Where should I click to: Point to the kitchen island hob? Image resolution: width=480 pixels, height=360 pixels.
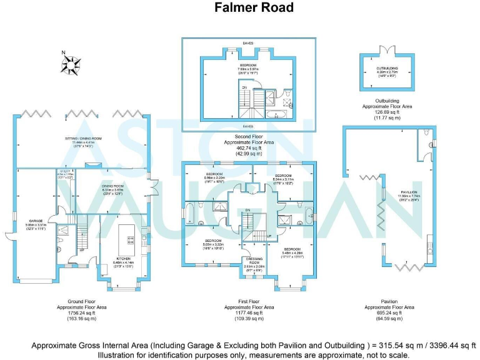(131, 241)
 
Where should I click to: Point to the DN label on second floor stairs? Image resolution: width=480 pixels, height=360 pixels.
(244, 87)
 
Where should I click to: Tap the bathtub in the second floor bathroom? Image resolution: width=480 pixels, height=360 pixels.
(276, 114)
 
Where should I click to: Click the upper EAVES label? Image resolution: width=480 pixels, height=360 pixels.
(249, 44)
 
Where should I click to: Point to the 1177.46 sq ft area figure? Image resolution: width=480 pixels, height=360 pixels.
(248, 313)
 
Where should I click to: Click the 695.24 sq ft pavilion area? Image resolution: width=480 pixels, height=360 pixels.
(389, 313)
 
